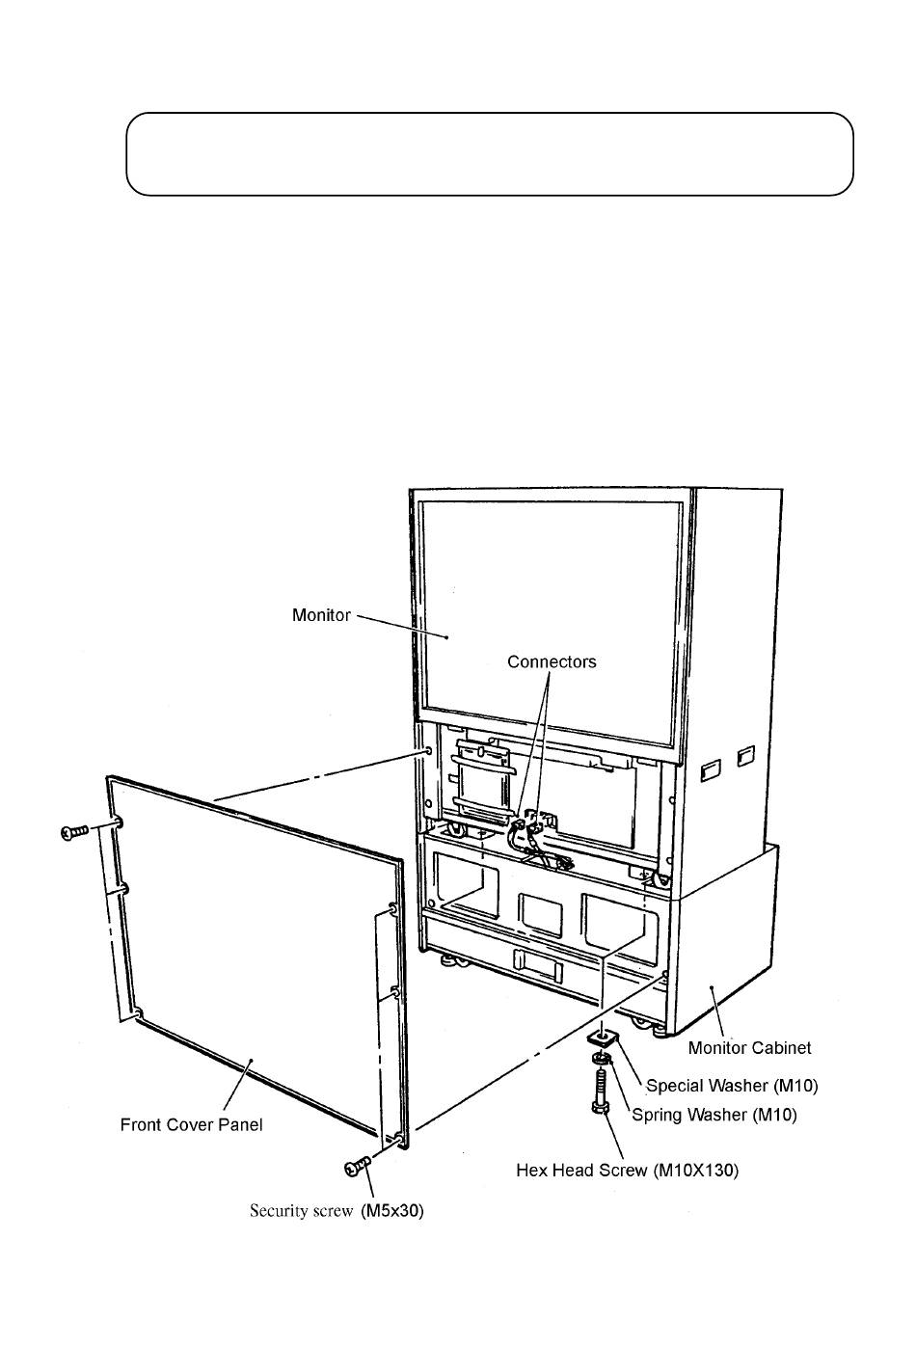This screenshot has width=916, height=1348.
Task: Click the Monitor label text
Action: tap(321, 615)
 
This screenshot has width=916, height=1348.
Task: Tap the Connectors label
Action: tap(552, 661)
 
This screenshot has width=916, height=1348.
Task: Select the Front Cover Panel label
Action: tap(191, 1124)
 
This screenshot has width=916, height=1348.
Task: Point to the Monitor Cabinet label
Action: tap(749, 1048)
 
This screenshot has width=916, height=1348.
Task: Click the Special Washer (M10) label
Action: tap(732, 1086)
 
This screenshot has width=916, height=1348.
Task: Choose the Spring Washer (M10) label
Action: tap(714, 1115)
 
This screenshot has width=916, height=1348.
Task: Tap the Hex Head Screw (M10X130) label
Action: tap(627, 1170)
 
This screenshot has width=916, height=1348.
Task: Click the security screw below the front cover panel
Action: tap(357, 1167)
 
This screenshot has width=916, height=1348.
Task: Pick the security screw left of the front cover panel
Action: tap(74, 832)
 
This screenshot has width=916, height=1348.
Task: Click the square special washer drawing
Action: tap(603, 1037)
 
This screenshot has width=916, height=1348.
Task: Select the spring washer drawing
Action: tap(602, 1058)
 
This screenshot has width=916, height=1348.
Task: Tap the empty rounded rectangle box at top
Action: tap(489, 154)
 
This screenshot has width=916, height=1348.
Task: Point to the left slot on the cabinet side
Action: tap(711, 769)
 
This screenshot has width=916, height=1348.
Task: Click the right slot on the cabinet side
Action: tap(746, 756)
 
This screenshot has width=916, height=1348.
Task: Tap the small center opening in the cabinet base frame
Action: tap(540, 915)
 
